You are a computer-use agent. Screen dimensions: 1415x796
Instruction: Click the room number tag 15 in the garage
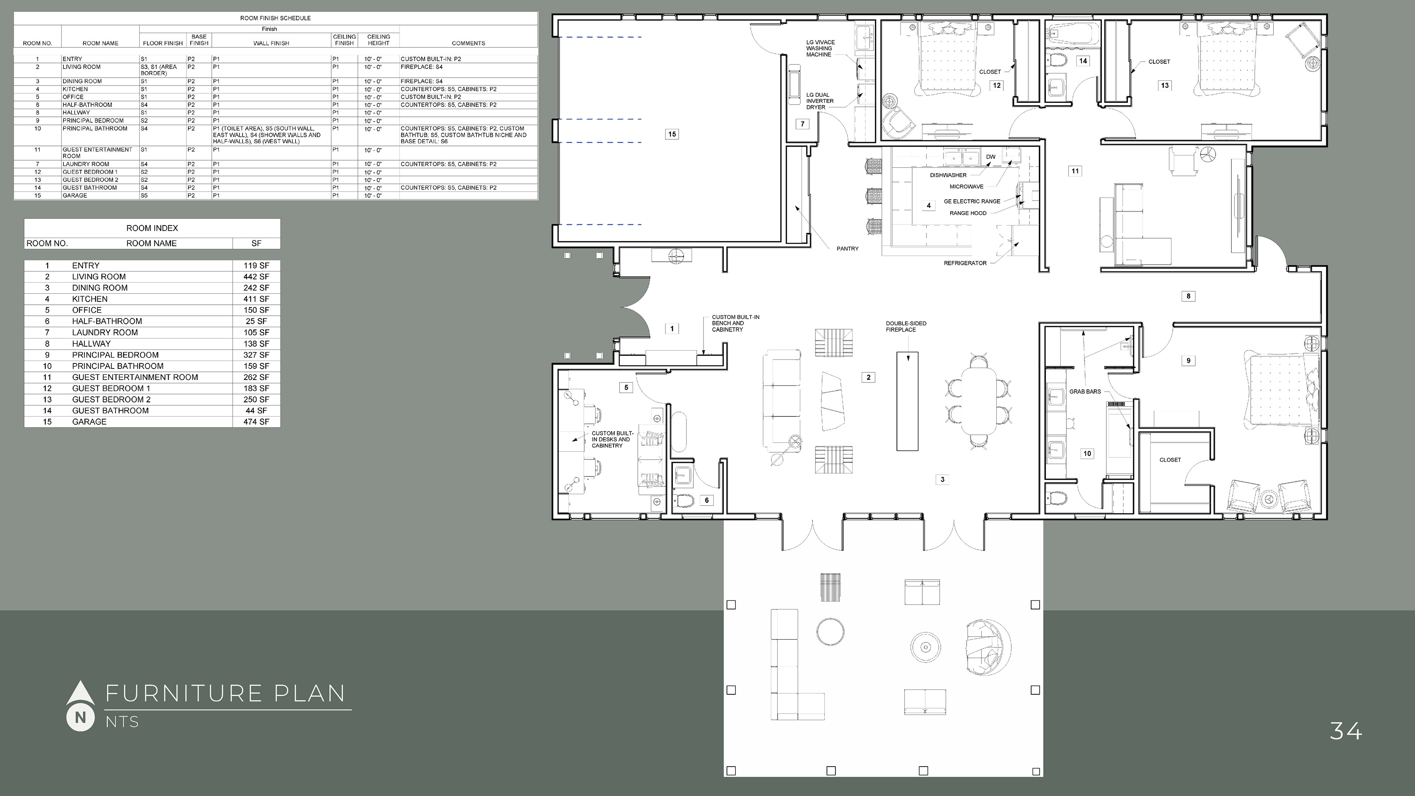672,134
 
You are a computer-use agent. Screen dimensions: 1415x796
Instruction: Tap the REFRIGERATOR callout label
965,263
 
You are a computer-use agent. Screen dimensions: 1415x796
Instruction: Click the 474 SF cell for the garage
256,422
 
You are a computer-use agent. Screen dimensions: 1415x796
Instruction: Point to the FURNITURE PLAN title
225,693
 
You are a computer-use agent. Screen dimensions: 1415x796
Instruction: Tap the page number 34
1346,731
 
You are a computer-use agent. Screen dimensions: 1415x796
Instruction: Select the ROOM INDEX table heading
152,228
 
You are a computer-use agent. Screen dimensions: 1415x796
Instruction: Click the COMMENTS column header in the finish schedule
468,43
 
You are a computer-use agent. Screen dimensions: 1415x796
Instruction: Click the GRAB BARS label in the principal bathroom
1085,392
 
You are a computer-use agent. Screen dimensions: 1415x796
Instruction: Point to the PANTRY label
848,249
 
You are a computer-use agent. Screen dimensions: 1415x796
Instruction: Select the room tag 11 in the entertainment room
1075,171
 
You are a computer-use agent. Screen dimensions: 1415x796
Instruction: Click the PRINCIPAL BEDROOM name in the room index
115,355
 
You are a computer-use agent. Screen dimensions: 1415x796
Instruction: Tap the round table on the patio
830,632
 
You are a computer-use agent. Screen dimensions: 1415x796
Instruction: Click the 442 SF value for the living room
256,277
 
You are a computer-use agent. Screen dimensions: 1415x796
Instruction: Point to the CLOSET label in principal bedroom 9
1170,460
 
